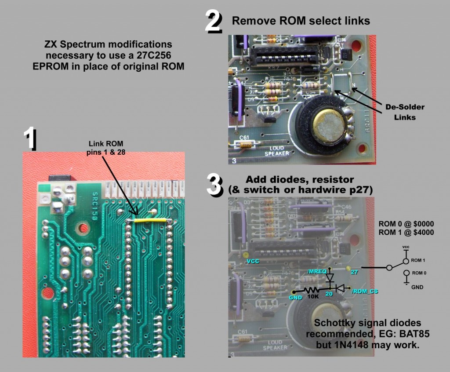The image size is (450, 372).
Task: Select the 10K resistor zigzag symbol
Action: [x=312, y=290]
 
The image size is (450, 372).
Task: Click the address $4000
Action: [x=421, y=233]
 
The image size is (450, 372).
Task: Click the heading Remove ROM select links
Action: [x=301, y=20]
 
